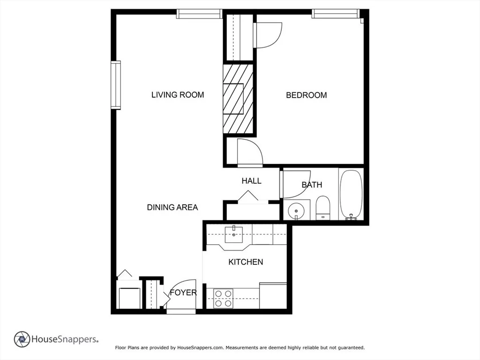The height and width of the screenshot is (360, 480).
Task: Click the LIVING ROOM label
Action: [x=178, y=95]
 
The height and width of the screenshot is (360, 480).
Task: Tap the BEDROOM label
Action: [x=307, y=95]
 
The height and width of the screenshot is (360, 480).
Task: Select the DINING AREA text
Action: [x=172, y=207]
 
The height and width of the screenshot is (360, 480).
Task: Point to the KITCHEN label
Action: [x=246, y=262]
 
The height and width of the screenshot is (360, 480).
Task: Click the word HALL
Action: [x=251, y=181]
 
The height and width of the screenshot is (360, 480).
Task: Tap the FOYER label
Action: [x=183, y=292]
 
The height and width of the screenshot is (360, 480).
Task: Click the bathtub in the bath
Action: [x=351, y=195]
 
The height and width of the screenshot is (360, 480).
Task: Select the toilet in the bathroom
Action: [x=322, y=208]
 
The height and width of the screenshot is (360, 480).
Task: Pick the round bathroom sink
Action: [x=296, y=210]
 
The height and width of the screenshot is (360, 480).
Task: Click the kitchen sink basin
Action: [x=234, y=234]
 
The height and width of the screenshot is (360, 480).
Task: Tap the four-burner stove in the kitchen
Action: [x=223, y=299]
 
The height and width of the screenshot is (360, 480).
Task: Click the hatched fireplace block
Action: [x=238, y=99]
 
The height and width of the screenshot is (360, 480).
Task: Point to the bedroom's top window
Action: [x=336, y=14]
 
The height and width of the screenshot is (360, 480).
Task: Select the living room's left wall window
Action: [x=116, y=85]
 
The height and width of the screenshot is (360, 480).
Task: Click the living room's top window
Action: [x=199, y=14]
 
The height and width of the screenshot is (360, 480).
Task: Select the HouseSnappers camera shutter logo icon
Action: [x=22, y=339]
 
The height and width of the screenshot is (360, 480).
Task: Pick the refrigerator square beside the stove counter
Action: [x=273, y=296]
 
